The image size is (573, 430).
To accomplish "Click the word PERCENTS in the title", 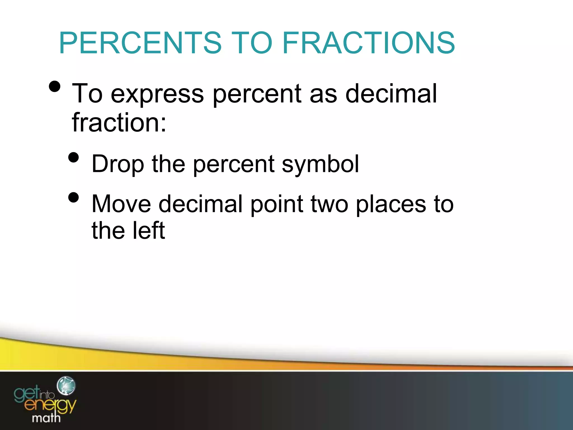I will coord(140,43).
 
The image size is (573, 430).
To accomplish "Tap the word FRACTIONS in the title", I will coord(368,43).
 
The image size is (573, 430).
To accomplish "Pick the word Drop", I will coord(118,164).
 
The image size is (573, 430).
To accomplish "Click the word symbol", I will coord(320,164).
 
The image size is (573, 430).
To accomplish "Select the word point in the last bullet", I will coord(276,204).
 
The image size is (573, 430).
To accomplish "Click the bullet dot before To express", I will coord(54,87).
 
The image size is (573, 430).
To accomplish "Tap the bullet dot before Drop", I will coord(74,157).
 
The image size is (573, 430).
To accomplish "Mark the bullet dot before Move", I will coord(74,197).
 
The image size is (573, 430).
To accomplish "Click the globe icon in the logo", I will coord(66,386).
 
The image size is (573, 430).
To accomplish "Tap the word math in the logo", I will coord(46,418).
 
